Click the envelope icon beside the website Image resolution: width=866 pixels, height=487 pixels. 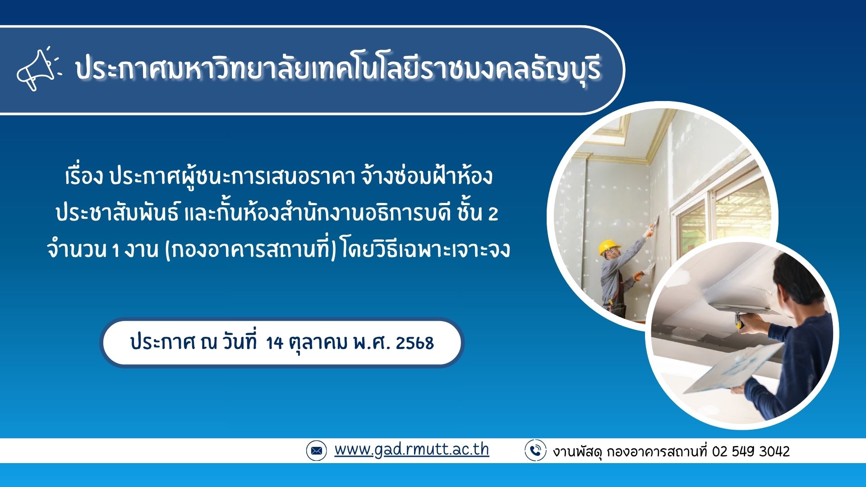pos(316,450)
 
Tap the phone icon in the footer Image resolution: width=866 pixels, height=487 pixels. pos(535,450)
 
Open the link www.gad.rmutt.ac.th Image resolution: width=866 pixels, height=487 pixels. pos(411,450)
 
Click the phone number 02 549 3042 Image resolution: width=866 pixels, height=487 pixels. pos(751,451)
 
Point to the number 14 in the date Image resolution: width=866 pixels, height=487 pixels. pos(275,343)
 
